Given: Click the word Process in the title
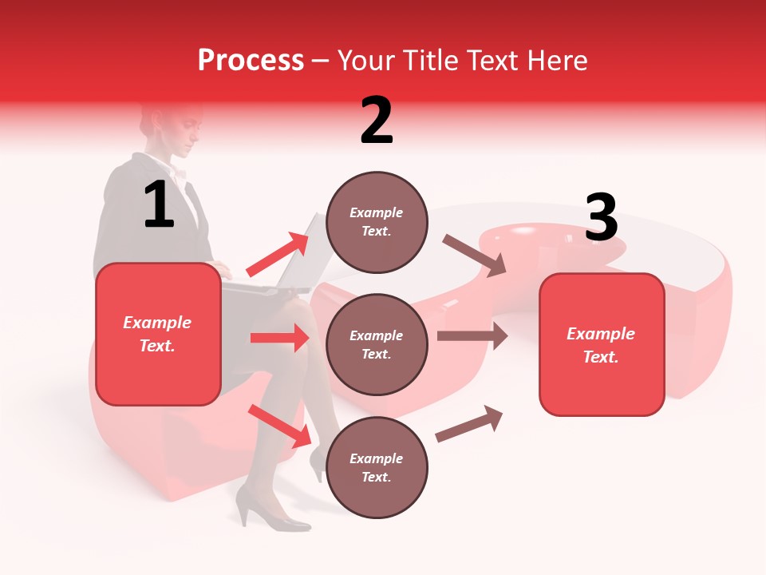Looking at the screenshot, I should tap(251, 60).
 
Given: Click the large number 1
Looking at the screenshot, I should tap(159, 204).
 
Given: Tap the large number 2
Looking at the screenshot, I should tap(377, 120).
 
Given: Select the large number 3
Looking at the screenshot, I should tap(601, 217).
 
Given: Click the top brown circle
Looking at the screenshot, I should tap(377, 222).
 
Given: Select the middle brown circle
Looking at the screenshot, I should tap(377, 344).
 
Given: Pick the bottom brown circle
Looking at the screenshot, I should tap(377, 467).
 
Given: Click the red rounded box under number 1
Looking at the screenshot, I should tap(158, 334).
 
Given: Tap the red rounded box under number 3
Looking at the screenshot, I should tap(602, 344).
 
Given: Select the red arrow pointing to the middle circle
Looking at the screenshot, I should tap(279, 338).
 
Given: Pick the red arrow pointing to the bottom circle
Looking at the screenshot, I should tap(279, 425).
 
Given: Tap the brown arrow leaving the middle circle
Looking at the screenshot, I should tap(472, 335).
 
